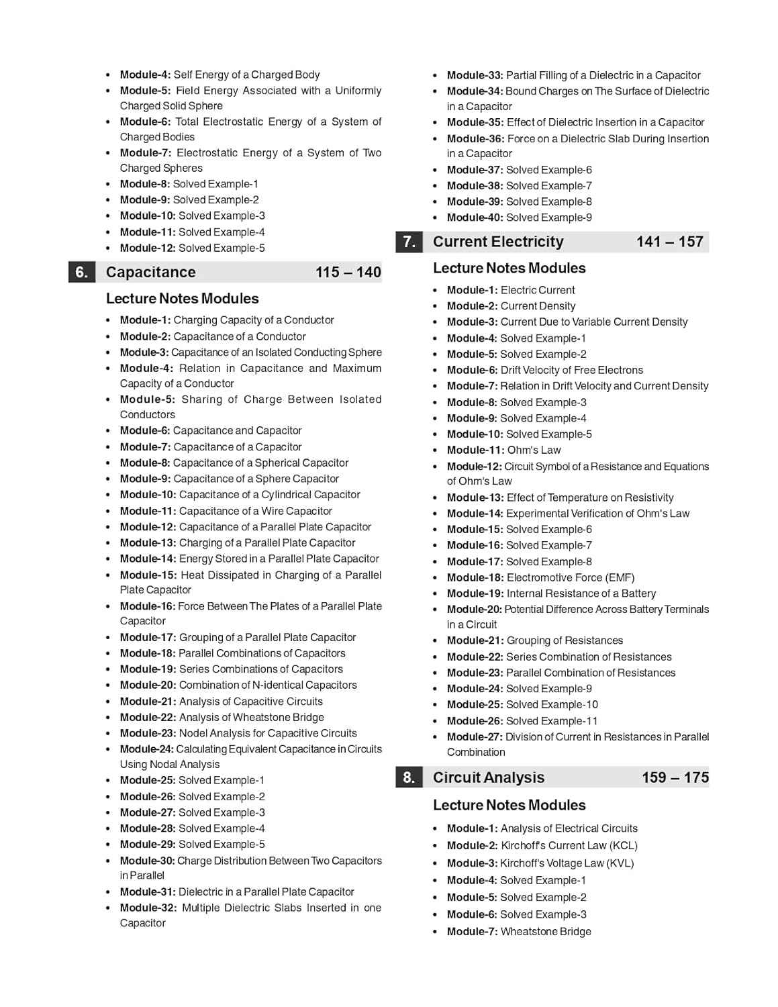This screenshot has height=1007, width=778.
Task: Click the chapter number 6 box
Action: pyautogui.click(x=81, y=272)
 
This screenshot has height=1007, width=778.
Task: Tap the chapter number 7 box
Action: pyautogui.click(x=409, y=242)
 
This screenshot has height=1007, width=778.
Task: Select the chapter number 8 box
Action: pyautogui.click(x=409, y=777)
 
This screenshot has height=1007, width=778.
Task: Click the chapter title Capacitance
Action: pyautogui.click(x=151, y=272)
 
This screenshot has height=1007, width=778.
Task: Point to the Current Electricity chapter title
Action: pyautogui.click(x=498, y=242)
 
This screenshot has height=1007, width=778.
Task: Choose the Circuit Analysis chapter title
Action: pyautogui.click(x=489, y=777)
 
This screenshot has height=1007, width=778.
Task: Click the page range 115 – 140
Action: pyautogui.click(x=348, y=272)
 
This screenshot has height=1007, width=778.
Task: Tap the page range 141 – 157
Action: pyautogui.click(x=669, y=242)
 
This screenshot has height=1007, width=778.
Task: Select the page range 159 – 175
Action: pyautogui.click(x=675, y=777)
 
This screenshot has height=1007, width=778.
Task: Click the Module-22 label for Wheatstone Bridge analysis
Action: pyautogui.click(x=148, y=717)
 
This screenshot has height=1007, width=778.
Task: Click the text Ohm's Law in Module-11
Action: pyautogui.click(x=534, y=450)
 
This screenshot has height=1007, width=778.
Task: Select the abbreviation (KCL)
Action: pyautogui.click(x=623, y=845)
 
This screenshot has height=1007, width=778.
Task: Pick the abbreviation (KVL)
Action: pyautogui.click(x=621, y=863)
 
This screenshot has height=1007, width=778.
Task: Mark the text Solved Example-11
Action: pyautogui.click(x=552, y=721)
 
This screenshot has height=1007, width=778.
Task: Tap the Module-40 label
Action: pyautogui.click(x=475, y=218)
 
